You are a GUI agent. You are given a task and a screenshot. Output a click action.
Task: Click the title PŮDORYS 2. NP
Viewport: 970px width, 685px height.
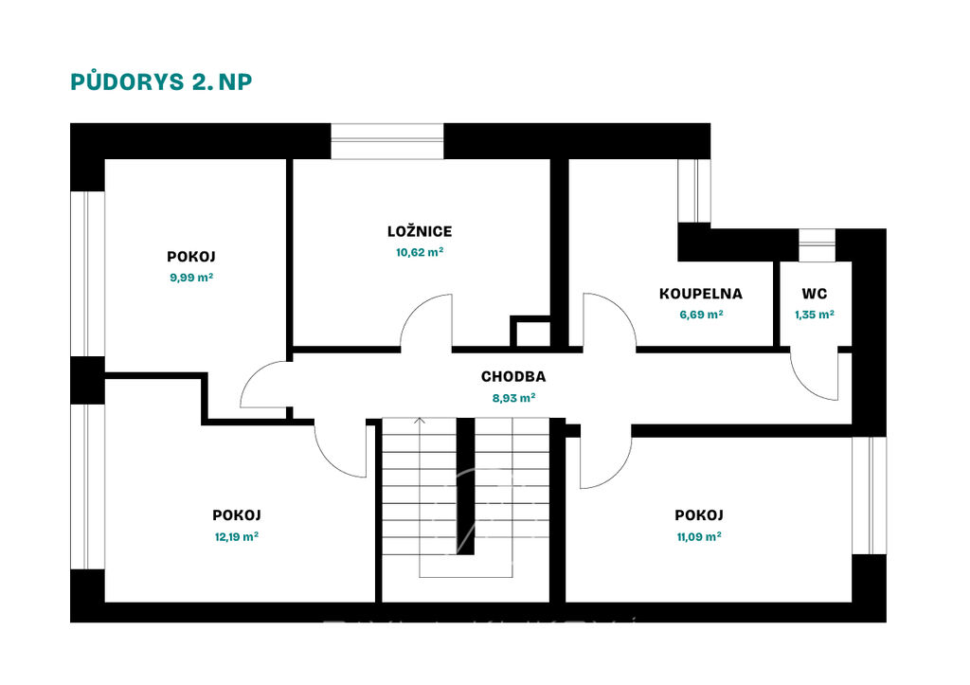click(x=161, y=81)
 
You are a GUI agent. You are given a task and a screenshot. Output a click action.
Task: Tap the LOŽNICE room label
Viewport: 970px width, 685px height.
click(x=420, y=231)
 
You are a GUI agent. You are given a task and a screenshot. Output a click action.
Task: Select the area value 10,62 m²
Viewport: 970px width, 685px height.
click(x=420, y=252)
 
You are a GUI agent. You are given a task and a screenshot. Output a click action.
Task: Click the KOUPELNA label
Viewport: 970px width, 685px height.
click(x=701, y=294)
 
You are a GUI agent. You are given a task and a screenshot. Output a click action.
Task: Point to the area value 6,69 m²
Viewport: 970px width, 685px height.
click(x=702, y=315)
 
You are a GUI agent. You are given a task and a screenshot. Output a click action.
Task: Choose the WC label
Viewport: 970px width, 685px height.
click(x=814, y=294)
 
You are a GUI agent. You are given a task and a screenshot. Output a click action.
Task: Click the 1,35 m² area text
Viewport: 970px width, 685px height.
click(x=815, y=315)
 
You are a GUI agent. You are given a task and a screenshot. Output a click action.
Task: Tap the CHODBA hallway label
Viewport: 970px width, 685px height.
click(x=513, y=376)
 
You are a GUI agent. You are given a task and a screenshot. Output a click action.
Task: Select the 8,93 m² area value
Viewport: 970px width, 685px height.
click(x=513, y=398)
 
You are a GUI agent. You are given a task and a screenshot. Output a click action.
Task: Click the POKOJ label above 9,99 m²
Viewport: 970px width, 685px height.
click(x=191, y=256)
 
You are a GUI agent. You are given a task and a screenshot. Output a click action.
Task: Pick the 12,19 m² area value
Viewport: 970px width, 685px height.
click(x=236, y=536)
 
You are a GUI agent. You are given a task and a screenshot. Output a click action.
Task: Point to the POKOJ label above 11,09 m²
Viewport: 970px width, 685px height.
click(x=699, y=514)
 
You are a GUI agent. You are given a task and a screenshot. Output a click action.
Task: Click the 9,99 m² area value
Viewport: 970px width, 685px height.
click(x=191, y=278)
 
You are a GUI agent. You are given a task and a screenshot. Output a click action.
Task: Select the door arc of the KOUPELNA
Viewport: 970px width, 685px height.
click(x=621, y=312)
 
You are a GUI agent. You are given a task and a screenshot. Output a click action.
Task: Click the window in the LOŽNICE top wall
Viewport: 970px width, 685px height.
click(x=387, y=141)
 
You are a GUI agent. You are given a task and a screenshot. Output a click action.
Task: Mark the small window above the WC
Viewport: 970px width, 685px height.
click(x=817, y=245)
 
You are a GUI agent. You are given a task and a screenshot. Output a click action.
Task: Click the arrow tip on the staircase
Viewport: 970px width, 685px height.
click(x=420, y=419)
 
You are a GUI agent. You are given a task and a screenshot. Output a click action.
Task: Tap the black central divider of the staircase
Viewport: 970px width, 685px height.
click(x=465, y=486)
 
